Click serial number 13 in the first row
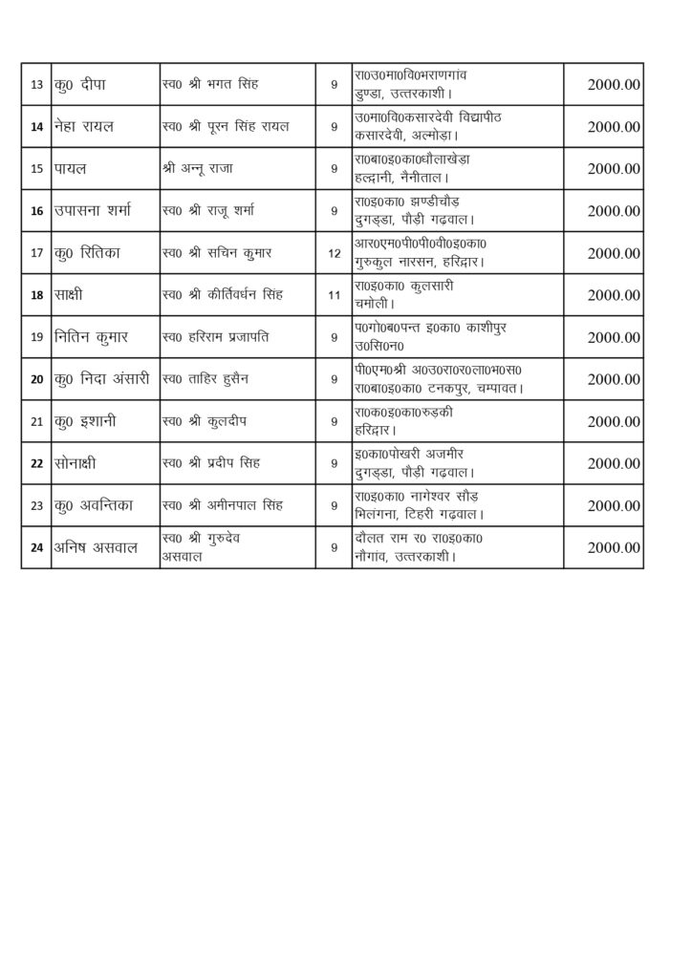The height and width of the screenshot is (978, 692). click(36, 85)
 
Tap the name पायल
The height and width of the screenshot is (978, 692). click(72, 169)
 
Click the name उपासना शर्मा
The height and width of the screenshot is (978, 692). click(97, 211)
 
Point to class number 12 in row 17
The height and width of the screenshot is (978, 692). click(334, 253)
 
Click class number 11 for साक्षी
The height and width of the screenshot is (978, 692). click(334, 295)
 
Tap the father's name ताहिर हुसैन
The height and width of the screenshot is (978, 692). click(208, 379)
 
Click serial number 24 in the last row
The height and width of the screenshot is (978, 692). click(36, 547)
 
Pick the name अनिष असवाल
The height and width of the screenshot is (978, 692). click(97, 547)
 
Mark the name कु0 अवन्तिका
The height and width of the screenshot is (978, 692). click(99, 505)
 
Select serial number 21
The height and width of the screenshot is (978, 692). click(36, 421)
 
